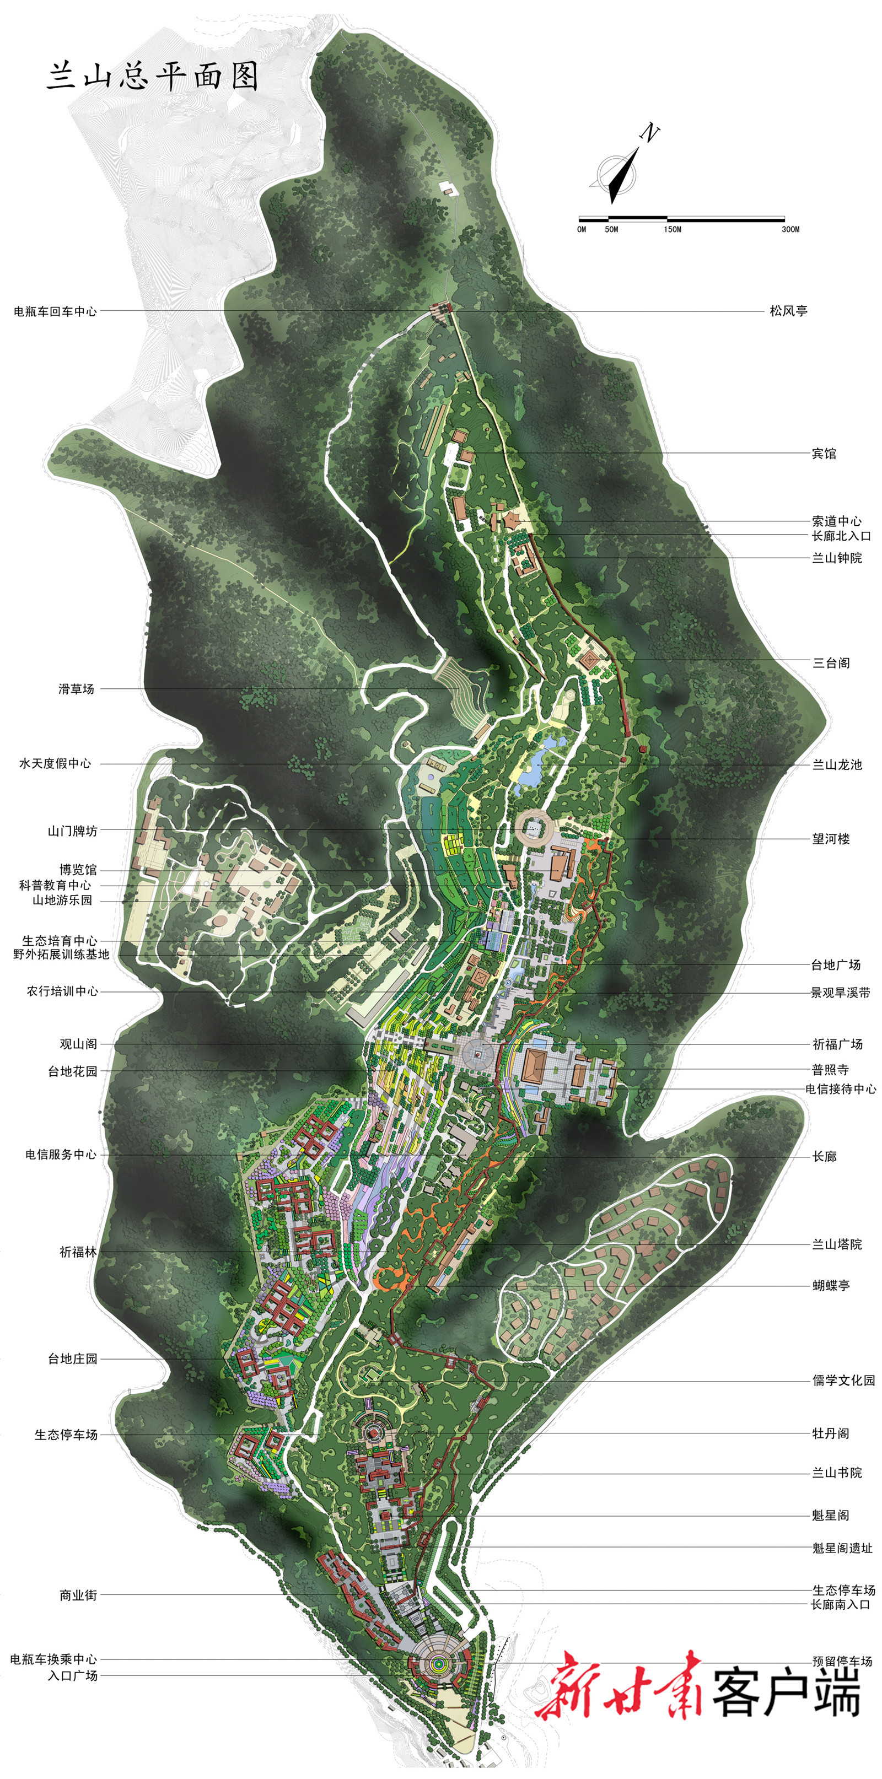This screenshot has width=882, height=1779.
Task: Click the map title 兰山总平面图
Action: (x=153, y=76)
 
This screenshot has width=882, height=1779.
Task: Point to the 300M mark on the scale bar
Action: (x=790, y=229)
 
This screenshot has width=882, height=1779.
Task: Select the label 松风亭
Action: (x=789, y=311)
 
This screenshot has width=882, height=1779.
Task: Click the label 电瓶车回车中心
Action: (x=55, y=311)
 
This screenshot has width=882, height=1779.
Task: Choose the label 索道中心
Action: (x=836, y=521)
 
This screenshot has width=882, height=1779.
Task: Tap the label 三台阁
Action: (x=831, y=663)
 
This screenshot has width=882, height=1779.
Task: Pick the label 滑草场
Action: (x=76, y=688)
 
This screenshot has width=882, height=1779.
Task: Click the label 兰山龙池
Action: (x=836, y=764)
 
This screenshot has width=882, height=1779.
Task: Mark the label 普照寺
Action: (x=830, y=1070)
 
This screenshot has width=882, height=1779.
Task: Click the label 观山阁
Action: (x=78, y=1044)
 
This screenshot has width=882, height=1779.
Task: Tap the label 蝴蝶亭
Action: (x=831, y=1285)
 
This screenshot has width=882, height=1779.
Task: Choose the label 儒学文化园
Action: (x=843, y=1380)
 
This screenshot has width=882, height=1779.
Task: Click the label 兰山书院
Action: (x=836, y=1473)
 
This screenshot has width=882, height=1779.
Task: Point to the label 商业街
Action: (x=78, y=1595)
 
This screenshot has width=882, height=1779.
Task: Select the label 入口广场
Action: (x=73, y=1675)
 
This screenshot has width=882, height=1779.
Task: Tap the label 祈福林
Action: (x=78, y=1252)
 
